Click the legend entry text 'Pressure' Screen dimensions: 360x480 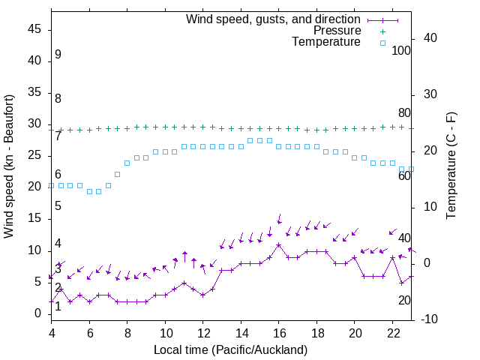(337, 31)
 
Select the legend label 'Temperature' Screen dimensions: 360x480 (326, 42)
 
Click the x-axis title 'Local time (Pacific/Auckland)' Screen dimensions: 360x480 (230, 349)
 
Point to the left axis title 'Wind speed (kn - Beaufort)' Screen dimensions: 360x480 (9, 166)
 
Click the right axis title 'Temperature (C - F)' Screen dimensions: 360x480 (451, 166)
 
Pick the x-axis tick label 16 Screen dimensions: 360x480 (278, 333)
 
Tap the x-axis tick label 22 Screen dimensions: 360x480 (392, 333)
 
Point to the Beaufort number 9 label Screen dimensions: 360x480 (58, 55)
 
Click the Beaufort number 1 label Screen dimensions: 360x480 (58, 306)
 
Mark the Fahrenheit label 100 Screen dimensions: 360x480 (401, 51)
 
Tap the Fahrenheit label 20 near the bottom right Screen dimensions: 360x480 (404, 301)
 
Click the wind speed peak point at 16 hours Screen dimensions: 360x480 (278, 244)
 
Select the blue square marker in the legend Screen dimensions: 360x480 (382, 43)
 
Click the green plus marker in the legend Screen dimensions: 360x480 (382, 31)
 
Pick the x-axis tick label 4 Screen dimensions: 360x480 (51, 333)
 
